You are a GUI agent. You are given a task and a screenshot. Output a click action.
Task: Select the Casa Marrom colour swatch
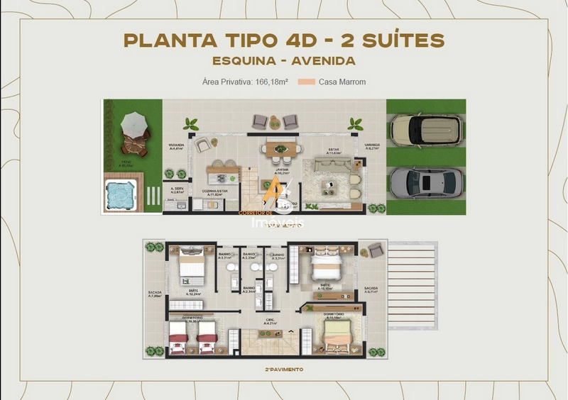307,82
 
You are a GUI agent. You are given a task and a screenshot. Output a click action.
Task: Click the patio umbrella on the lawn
133,126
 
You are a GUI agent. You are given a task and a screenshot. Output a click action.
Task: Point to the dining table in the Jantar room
278,148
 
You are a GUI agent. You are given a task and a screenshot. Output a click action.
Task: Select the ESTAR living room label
332,150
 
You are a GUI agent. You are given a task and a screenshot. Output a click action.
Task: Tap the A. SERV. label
177,189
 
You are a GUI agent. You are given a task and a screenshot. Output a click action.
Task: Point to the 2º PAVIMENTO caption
284,370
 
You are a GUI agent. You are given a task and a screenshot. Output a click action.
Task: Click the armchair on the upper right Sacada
373,250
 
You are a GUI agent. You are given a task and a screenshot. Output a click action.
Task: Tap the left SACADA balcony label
155,293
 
